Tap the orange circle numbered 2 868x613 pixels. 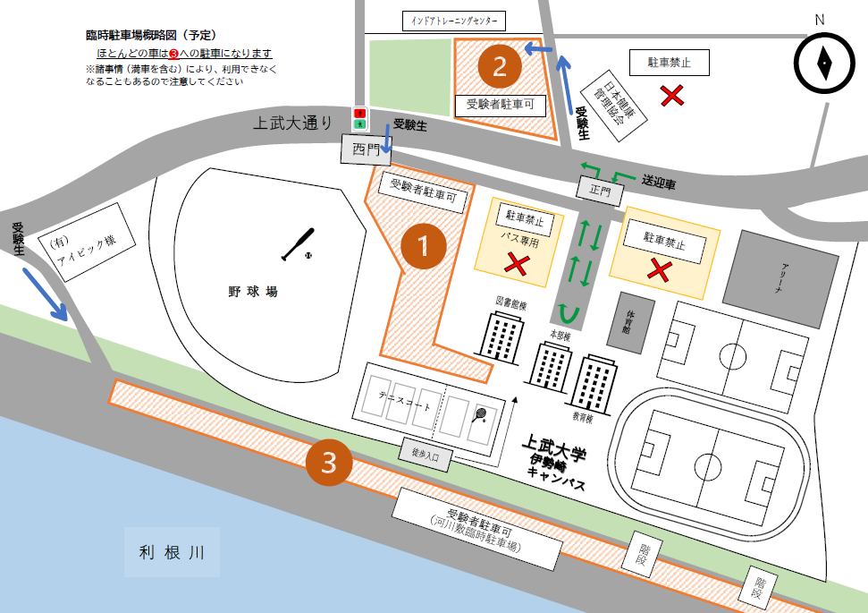point(500,64)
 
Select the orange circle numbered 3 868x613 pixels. point(329,462)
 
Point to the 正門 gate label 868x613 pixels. point(599,190)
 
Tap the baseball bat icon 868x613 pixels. point(299,244)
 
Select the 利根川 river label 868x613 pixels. point(173,552)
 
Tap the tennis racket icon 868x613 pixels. point(480,414)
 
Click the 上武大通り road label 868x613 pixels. point(296,123)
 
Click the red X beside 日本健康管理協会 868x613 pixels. point(673,96)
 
